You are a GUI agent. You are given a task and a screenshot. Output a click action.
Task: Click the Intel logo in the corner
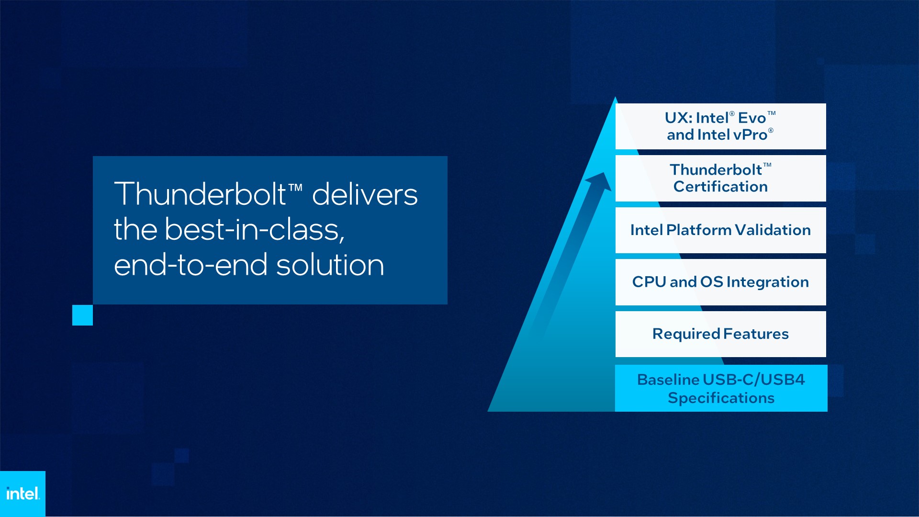click(x=22, y=494)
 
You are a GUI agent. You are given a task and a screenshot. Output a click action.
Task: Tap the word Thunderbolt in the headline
click(x=200, y=194)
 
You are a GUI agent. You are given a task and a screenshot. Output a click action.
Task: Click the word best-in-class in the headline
click(x=255, y=229)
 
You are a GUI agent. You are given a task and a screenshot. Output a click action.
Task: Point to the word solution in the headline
click(x=330, y=265)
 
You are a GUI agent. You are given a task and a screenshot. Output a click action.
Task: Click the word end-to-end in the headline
click(x=191, y=265)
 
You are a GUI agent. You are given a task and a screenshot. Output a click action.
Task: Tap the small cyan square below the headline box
click(x=82, y=315)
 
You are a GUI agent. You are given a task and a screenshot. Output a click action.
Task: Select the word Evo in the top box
click(x=752, y=118)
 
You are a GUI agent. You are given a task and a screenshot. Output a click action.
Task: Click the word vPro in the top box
click(x=750, y=135)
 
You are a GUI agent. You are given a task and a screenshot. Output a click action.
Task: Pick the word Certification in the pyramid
click(x=720, y=187)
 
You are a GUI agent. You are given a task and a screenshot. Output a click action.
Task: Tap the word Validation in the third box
click(x=773, y=230)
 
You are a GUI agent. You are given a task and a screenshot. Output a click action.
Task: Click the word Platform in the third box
click(x=699, y=230)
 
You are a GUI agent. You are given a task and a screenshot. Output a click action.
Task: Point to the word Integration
click(x=768, y=282)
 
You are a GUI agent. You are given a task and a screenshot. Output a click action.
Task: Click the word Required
click(x=686, y=334)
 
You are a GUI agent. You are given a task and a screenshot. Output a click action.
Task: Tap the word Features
click(x=756, y=334)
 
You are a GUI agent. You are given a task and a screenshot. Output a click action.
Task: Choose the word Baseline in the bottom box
click(x=668, y=380)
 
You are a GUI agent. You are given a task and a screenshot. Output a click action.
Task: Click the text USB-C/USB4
click(x=754, y=380)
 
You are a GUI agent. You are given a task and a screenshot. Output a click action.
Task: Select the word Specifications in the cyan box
click(x=721, y=398)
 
